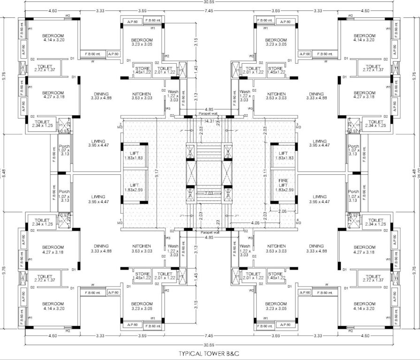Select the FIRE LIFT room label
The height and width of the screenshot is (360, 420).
coord(283,183)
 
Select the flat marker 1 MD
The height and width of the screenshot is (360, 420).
coord(121,222)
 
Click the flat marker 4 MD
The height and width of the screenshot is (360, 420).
coord(298,222)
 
